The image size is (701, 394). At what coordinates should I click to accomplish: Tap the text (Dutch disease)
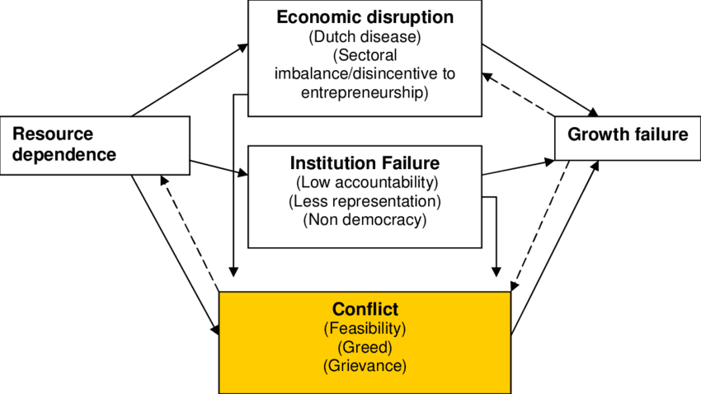[365, 37]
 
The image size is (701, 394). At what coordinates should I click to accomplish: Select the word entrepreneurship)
[365, 92]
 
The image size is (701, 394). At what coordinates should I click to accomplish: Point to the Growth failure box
[628, 135]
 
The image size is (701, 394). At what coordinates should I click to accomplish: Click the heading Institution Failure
[365, 162]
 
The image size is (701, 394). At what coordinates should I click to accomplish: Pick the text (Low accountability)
[365, 181]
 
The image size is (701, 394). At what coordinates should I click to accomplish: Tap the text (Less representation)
[365, 200]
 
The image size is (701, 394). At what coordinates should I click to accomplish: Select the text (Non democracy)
[365, 219]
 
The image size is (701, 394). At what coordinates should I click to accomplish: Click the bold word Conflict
[365, 310]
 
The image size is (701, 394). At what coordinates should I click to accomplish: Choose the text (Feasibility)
[365, 328]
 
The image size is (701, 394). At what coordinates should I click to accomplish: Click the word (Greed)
[365, 346]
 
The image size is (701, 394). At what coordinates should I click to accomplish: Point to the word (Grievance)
[365, 364]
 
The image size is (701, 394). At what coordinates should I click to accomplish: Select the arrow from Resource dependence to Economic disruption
[190, 78]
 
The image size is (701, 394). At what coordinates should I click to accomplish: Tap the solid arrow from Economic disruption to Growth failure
[540, 79]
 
